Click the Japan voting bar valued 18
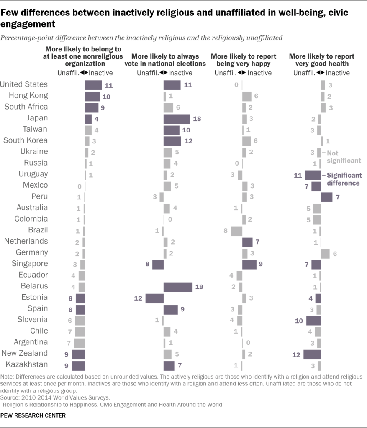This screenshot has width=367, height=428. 177,119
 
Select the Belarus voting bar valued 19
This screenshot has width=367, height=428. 178,287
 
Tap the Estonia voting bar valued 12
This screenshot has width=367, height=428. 154,298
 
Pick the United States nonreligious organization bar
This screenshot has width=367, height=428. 93,85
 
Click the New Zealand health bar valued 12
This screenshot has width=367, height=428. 312,354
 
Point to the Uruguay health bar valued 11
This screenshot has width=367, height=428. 313,175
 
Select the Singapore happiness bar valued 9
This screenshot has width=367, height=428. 249,265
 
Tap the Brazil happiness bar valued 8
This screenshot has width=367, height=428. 236,231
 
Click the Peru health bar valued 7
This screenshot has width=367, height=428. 326,197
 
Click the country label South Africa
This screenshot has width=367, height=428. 26,107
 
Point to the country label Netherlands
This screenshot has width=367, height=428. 26,241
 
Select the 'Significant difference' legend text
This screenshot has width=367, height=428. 344,179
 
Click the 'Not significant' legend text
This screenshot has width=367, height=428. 344,157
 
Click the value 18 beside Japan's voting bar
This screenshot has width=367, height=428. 197,119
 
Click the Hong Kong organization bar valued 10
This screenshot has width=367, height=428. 92,96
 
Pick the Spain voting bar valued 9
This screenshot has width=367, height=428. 171,309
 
